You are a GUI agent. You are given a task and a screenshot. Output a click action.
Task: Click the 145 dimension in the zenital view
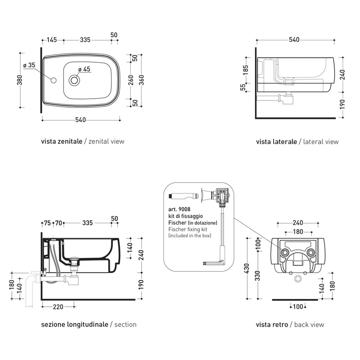pos(52,40)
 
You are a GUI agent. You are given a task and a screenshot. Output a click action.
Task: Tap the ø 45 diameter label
pos(84,69)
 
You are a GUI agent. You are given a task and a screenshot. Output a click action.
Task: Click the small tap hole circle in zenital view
pos(53,80)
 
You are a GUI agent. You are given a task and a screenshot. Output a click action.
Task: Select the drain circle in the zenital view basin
pos(75,79)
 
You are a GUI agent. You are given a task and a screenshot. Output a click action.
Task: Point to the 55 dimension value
pos(243,88)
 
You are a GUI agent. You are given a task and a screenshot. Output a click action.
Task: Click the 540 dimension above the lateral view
pos(294,40)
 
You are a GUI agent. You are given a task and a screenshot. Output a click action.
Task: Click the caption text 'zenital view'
pos(106,141)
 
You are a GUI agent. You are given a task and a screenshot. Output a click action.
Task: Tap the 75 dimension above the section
pos(47,223)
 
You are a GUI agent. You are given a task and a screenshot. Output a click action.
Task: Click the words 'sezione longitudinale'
pos(74,325)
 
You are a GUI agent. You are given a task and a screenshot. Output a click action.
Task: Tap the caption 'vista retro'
pos(271,325)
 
